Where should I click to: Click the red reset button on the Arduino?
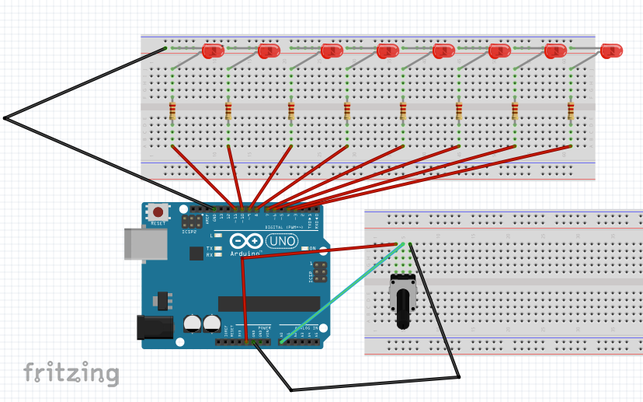click(x=159, y=211)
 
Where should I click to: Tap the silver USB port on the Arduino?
click(x=145, y=243)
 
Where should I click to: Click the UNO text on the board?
click(x=281, y=242)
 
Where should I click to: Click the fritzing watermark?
click(x=71, y=373)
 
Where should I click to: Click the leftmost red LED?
click(x=213, y=51)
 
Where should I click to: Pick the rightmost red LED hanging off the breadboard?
click(x=612, y=51)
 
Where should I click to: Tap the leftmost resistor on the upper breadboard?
click(x=172, y=110)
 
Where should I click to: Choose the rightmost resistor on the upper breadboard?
click(x=571, y=110)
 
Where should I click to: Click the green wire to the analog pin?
click(x=342, y=293)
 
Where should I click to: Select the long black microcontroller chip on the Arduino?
click(x=268, y=303)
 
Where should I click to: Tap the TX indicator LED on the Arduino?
click(x=218, y=248)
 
